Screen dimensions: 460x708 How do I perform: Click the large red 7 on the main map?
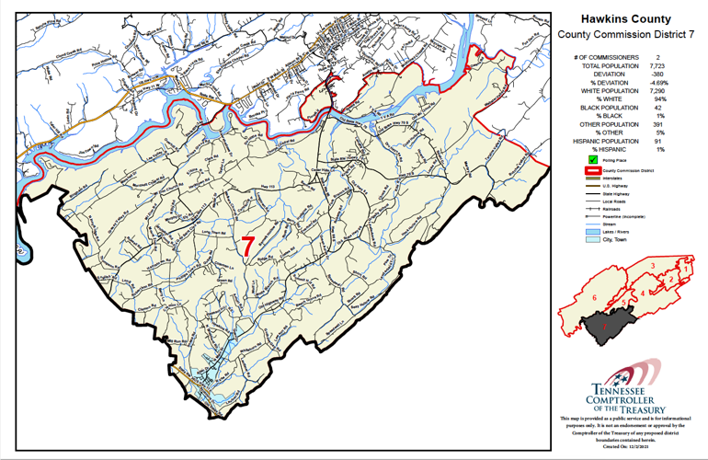coord(247,246)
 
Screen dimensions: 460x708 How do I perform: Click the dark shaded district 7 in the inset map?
coord(608,326)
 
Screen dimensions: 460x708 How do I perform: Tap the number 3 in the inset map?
coord(652,266)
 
